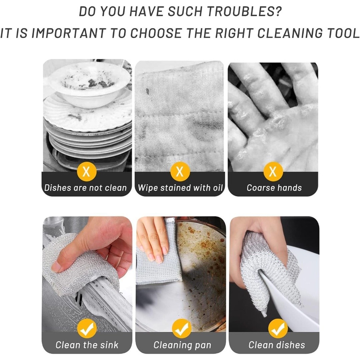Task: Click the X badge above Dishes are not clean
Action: pos(86,171)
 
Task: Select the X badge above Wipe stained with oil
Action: pos(180,171)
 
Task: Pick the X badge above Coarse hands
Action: pos(273,171)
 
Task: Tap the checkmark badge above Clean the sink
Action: pos(87,329)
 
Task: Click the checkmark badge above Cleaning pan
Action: pos(182,329)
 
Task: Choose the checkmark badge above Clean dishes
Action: pos(278,329)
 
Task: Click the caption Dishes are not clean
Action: pos(85,188)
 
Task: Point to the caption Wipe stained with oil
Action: pos(180,188)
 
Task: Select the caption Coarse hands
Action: pos(274,188)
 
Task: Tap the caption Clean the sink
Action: pos(87,345)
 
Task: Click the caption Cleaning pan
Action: pos(182,345)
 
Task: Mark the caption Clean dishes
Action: pos(277,345)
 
